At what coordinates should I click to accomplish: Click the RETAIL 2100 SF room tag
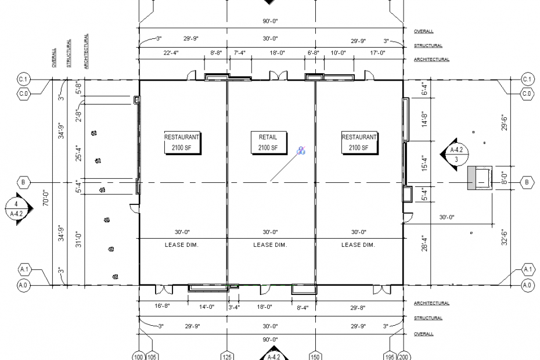(269, 143)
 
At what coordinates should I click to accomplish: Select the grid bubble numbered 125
(227, 357)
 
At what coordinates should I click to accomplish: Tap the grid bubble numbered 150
(315, 357)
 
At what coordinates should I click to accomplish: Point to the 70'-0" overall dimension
(46, 199)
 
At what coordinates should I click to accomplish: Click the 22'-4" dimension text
(171, 53)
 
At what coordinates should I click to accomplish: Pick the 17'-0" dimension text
(378, 53)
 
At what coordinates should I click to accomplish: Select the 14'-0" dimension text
(207, 307)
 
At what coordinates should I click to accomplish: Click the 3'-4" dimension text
(234, 307)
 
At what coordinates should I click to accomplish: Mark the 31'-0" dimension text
(79, 240)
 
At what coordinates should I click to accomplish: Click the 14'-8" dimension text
(424, 118)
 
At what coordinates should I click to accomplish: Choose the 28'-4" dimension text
(424, 243)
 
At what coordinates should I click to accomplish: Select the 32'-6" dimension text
(505, 237)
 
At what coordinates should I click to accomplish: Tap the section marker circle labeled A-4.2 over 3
(456, 154)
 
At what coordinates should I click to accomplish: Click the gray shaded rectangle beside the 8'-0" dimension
(471, 178)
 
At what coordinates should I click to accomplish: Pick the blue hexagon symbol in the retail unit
(301, 150)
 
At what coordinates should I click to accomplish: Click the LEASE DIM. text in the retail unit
(270, 245)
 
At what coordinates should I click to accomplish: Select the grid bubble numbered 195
(391, 357)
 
